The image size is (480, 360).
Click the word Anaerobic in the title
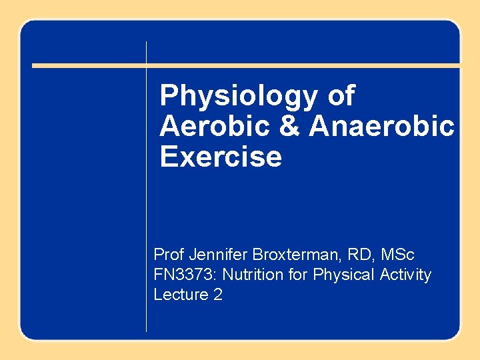(381, 127)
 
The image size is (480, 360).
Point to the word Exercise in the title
(221, 157)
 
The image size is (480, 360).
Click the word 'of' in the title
(341, 97)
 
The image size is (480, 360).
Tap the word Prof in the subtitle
(168, 255)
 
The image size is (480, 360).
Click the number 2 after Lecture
(217, 295)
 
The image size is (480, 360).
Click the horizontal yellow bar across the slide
(246, 65)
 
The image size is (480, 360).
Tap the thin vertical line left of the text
(146, 200)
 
